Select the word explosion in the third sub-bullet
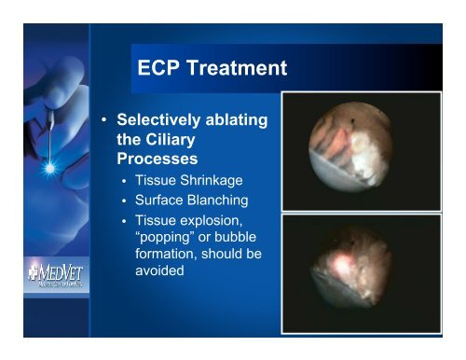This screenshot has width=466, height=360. tap(222, 223)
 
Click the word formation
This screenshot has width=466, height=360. tap(173, 258)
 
